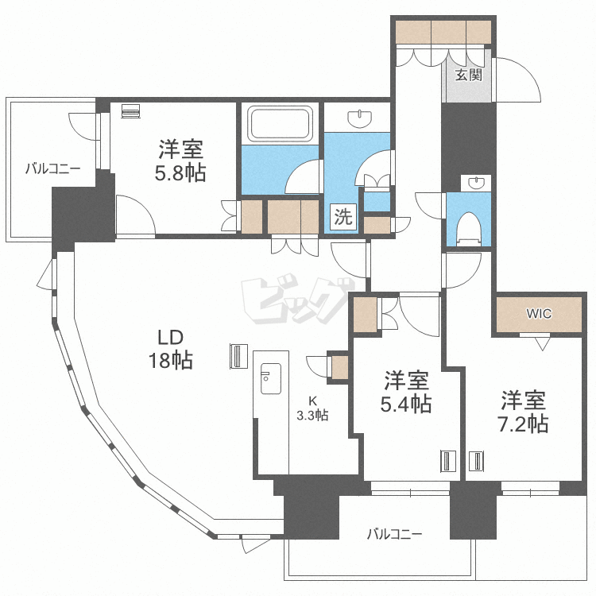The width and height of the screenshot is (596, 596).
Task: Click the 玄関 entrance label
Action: (469, 75)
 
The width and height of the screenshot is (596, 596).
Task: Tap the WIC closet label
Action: (539, 314)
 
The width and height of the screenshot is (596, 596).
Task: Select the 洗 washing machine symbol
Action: (343, 217)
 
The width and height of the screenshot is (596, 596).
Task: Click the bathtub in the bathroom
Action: (281, 122)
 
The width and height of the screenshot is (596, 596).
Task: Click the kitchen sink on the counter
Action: (271, 378)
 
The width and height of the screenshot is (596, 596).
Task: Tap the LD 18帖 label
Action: (171, 349)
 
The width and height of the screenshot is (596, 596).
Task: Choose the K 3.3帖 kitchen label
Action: (312, 408)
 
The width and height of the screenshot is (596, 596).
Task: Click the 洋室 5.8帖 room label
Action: (180, 161)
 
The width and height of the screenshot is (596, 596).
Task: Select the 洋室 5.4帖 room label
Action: (406, 392)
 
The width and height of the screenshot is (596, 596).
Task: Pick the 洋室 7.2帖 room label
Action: (523, 412)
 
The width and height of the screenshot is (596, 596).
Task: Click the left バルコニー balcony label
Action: (52, 168)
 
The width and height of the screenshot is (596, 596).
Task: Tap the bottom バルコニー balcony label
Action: (394, 535)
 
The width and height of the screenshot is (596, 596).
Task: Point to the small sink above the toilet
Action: (476, 184)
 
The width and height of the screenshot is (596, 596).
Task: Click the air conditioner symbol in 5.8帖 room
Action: (131, 111)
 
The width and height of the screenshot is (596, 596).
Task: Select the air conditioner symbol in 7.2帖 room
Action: (477, 462)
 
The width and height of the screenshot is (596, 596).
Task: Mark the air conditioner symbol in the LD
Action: (238, 357)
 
